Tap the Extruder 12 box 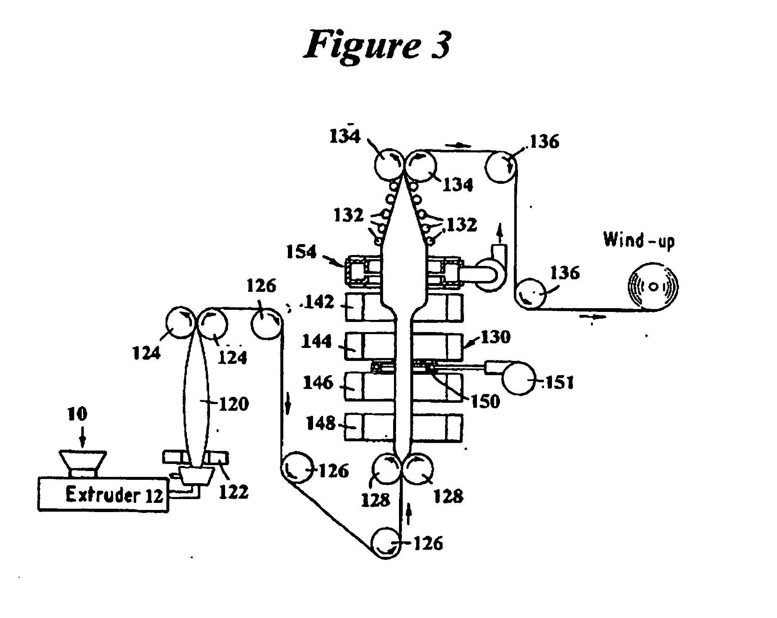103,494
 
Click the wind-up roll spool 653,287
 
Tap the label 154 301,252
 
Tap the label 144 317,342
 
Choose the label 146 318,382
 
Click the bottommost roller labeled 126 386,543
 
